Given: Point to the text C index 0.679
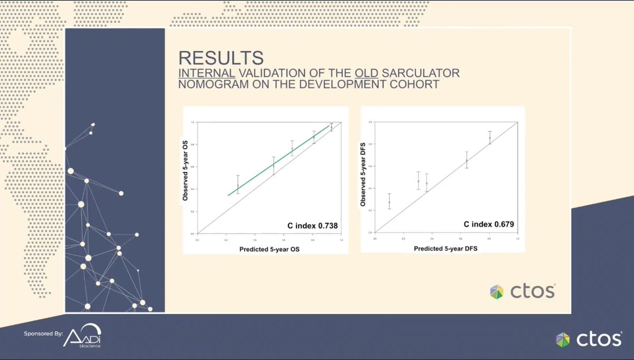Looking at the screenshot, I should point(489,225).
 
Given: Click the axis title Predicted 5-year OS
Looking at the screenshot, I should point(269,248).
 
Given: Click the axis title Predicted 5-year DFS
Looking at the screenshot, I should point(445,247).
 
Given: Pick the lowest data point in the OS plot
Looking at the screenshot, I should point(238,186).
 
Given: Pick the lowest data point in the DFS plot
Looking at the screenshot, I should point(389,202).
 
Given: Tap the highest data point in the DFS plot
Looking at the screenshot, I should point(490,138).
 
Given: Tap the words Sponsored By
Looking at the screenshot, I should point(43,334).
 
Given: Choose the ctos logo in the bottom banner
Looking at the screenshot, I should point(589,339).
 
